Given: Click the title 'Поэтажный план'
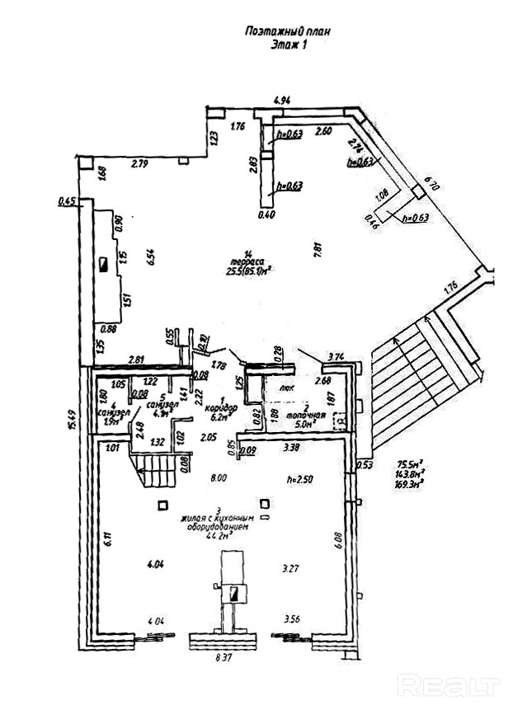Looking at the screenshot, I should click(x=288, y=31).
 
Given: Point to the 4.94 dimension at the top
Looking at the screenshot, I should click(x=281, y=101).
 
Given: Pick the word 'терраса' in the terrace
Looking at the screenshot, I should click(x=250, y=261).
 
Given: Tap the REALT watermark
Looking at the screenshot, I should click(x=449, y=684).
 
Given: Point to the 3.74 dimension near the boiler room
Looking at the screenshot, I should click(x=336, y=356).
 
